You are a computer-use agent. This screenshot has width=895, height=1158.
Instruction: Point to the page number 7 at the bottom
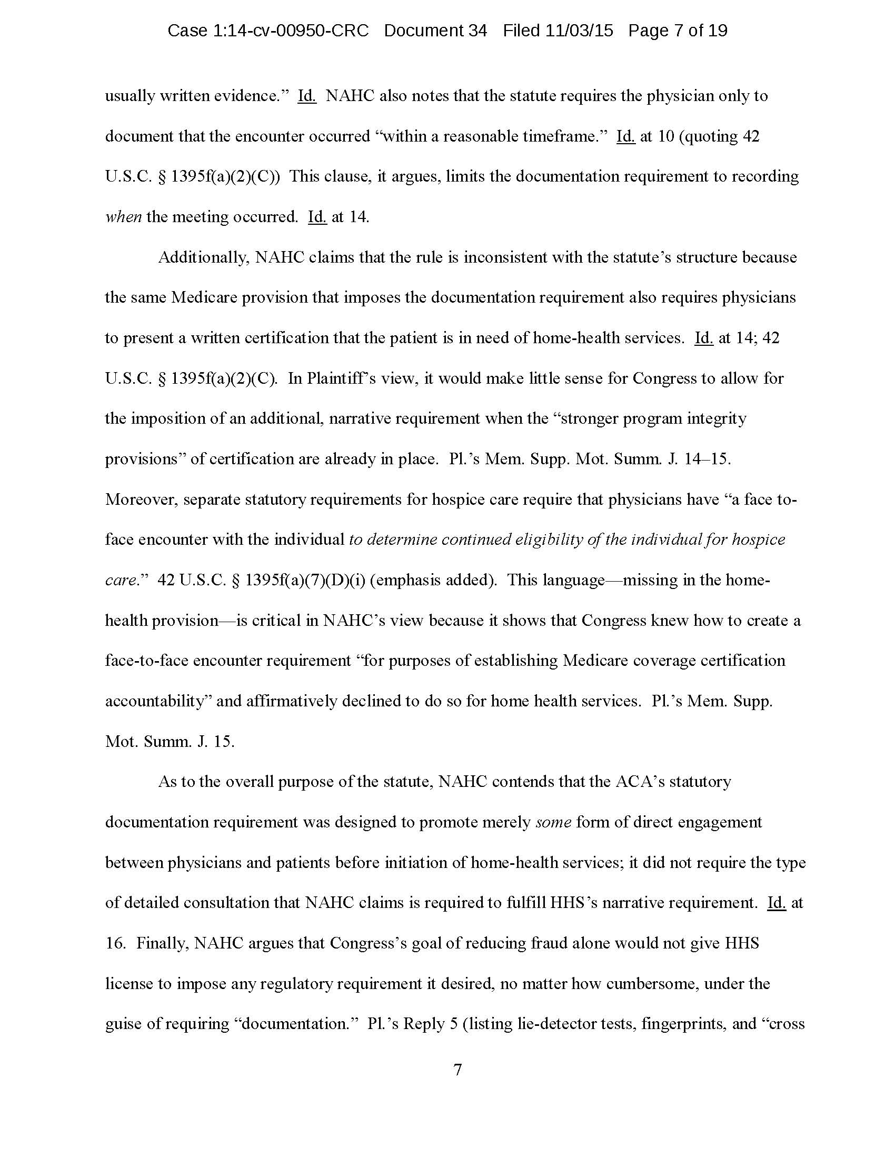(x=458, y=1070)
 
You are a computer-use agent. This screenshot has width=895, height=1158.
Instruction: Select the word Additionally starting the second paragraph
(x=204, y=258)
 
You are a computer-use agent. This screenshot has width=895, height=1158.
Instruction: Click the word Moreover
(x=140, y=500)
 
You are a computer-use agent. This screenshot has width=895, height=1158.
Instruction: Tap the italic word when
(x=123, y=217)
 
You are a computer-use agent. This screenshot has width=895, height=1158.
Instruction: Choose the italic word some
(x=553, y=822)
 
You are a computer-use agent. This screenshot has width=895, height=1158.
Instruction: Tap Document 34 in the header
(x=435, y=31)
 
